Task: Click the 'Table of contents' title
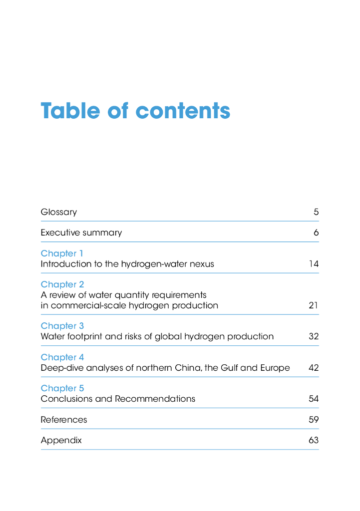pyautogui.click(x=135, y=111)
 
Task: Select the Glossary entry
pyautogui.click(x=59, y=212)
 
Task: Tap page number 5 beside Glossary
pyautogui.click(x=316, y=212)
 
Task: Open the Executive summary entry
pyautogui.click(x=81, y=233)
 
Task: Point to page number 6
pyautogui.click(x=316, y=233)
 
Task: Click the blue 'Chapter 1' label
pyautogui.click(x=62, y=254)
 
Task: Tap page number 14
pyautogui.click(x=314, y=264)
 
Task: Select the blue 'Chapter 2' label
pyautogui.click(x=62, y=284)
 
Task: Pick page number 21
pyautogui.click(x=314, y=305)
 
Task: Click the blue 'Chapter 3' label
pyautogui.click(x=62, y=326)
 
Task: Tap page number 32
pyautogui.click(x=314, y=336)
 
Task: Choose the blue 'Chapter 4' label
pyautogui.click(x=62, y=357)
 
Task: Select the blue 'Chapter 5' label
pyautogui.click(x=62, y=388)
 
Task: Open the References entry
pyautogui.click(x=64, y=420)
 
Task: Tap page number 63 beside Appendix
pyautogui.click(x=314, y=440)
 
